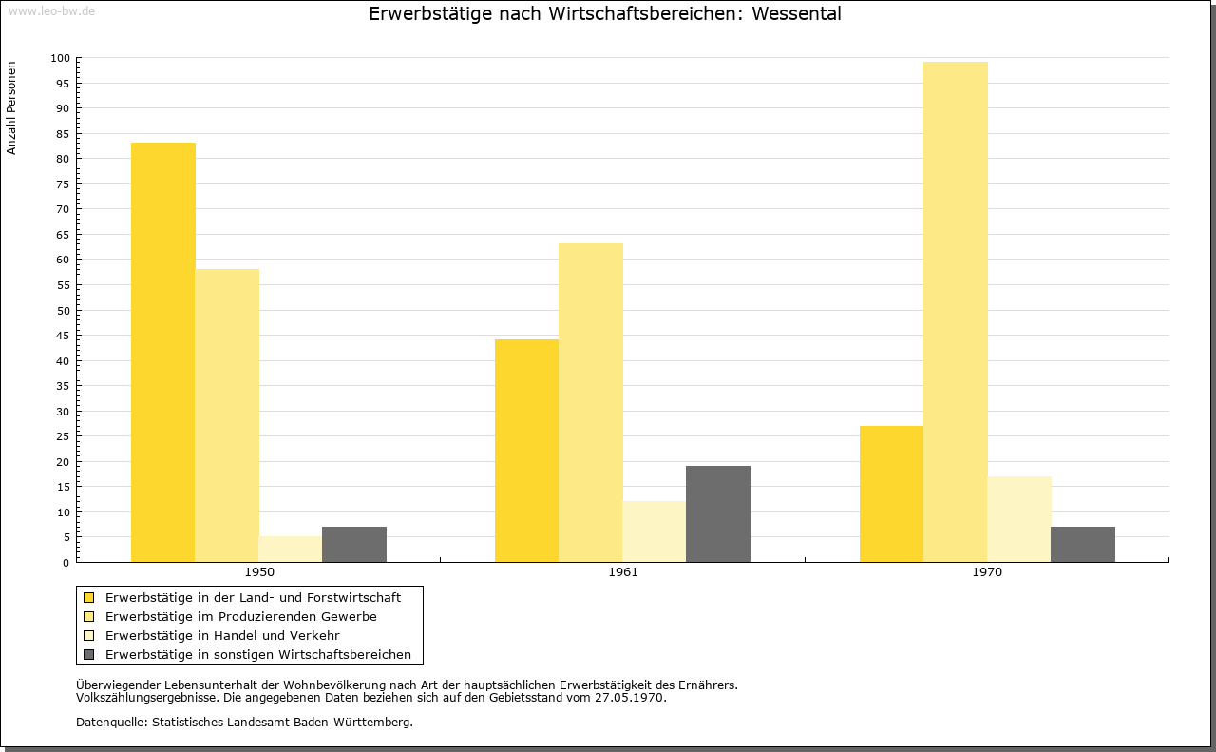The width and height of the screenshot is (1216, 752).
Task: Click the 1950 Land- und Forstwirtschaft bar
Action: [x=162, y=352]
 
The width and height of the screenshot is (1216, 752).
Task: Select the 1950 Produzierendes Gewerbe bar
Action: [x=227, y=415]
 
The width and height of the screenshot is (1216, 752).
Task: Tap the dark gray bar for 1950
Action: [x=354, y=544]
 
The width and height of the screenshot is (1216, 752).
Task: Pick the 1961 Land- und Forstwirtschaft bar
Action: [x=526, y=451]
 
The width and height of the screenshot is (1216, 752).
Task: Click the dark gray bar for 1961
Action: [x=718, y=514]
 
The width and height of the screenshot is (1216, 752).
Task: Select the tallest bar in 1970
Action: [x=956, y=312]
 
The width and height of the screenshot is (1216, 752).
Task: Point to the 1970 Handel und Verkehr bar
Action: [x=1019, y=519]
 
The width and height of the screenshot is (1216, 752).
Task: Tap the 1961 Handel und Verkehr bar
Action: [x=655, y=531]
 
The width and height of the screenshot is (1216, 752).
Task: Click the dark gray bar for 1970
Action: [x=1083, y=544]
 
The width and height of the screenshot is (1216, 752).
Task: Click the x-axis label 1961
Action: [x=623, y=572]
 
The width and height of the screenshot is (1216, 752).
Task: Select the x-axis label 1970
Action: [x=987, y=572]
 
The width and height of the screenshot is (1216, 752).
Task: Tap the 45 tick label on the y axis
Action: [x=63, y=336]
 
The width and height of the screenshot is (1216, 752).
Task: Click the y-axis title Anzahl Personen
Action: [x=11, y=108]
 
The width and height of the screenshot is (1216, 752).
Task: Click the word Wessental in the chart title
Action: [x=796, y=13]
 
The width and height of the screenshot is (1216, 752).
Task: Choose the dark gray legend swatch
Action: [x=89, y=655]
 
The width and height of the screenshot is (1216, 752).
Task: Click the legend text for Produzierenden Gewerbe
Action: [x=241, y=617]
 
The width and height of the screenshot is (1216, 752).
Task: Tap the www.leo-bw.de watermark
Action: [x=52, y=10]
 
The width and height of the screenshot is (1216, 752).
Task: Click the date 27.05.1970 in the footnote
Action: [x=629, y=698]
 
